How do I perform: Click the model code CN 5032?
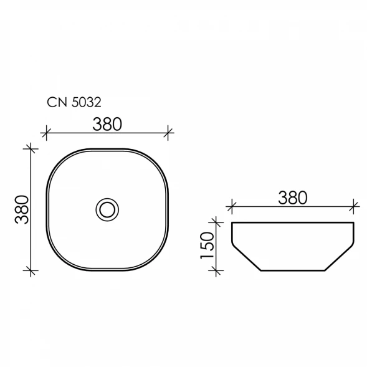pos(74,102)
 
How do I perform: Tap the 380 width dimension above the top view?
pos(107,124)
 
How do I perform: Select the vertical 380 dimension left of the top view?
pos(22,209)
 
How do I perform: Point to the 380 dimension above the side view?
pos(293,198)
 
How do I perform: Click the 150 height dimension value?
pos(207,245)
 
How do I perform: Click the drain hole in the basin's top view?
pos(107,210)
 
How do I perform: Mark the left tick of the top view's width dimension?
pos(46,133)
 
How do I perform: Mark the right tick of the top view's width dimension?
pos(168,133)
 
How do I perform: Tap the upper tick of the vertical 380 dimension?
pos(31,148)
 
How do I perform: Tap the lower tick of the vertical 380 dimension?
pos(31,270)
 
